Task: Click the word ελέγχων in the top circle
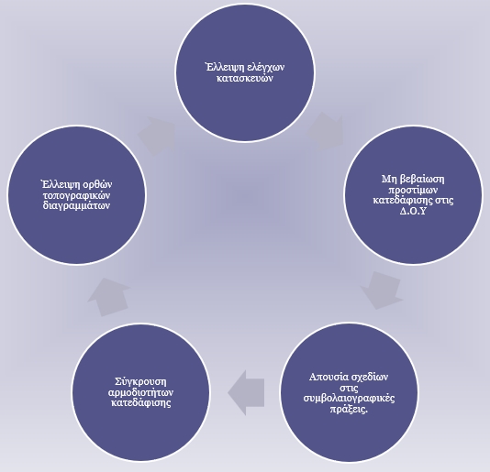tap(265, 68)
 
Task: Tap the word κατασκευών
tap(245, 78)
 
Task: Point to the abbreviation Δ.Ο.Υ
tap(413, 211)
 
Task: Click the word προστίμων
tap(413, 190)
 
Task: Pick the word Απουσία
tap(329, 377)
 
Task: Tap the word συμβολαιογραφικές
tap(349, 399)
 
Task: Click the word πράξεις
tap(349, 410)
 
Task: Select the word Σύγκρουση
tap(140, 382)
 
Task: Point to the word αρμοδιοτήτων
tap(140, 392)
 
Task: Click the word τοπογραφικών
tap(76, 195)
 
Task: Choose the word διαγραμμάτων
tap(76, 205)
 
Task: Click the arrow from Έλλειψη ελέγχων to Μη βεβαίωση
tap(326, 131)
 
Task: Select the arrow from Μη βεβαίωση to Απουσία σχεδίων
tap(382, 291)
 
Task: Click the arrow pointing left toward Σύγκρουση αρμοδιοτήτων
tap(246, 392)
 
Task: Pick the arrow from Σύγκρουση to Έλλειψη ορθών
tap(109, 297)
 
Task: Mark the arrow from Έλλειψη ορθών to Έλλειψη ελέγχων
tap(157, 136)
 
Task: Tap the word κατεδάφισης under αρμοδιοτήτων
tap(141, 402)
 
